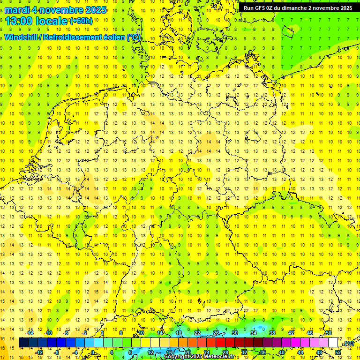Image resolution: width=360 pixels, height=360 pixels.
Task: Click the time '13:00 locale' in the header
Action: point(37,21)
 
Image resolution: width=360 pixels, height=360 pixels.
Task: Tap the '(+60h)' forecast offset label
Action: point(82,21)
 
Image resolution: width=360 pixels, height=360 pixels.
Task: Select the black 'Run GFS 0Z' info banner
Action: point(298,8)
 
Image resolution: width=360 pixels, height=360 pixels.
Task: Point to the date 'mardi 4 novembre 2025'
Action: point(56,10)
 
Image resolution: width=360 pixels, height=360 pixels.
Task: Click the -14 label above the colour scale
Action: point(30,333)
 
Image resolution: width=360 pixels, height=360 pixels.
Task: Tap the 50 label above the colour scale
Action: point(328,333)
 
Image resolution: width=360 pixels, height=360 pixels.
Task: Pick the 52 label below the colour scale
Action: point(338,352)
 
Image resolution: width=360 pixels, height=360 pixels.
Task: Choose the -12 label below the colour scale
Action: point(39,352)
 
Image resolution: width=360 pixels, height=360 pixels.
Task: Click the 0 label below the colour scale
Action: point(93,352)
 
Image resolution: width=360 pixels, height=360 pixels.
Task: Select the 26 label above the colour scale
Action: point(216,333)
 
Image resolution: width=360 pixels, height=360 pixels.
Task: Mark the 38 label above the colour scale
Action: point(272,333)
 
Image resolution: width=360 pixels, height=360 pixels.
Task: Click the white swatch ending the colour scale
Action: point(333,343)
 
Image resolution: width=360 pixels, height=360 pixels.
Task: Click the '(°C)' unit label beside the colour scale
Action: point(348,344)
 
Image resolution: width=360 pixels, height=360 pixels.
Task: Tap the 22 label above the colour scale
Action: point(197,333)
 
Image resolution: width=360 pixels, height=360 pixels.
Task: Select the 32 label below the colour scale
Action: point(244,352)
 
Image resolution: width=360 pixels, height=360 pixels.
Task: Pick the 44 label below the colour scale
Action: point(300,352)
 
